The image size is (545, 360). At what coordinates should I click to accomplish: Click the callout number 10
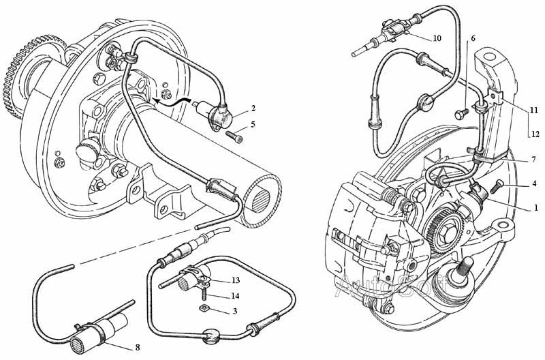tap(437, 38)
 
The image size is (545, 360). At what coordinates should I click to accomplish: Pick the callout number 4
tap(535, 184)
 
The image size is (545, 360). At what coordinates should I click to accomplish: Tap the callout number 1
tap(535, 207)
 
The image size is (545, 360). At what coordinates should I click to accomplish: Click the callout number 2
tap(253, 108)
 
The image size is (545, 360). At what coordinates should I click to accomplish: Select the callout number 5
tap(253, 124)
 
